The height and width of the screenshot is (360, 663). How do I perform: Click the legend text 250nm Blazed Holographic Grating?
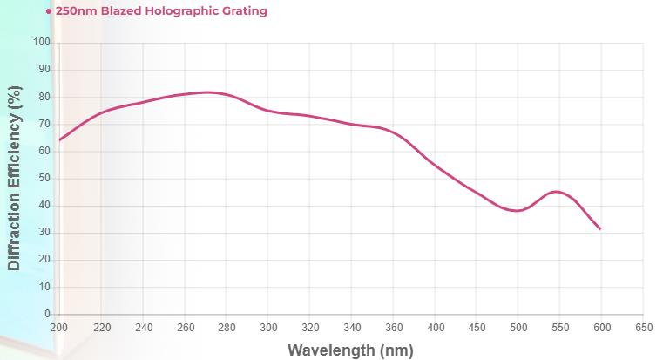coord(161,11)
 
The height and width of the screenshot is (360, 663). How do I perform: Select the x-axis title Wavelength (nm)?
coord(351,350)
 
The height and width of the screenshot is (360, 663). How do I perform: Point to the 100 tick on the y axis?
coord(42,43)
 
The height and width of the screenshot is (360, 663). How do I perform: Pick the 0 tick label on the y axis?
coord(48,314)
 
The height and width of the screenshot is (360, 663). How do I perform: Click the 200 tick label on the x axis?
coord(59,328)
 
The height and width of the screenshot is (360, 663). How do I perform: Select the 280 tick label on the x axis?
coord(227,328)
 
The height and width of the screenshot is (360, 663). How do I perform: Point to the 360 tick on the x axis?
coord(393,328)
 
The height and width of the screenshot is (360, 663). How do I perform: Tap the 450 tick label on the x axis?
coord(477,328)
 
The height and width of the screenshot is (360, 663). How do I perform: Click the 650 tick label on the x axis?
coord(643,328)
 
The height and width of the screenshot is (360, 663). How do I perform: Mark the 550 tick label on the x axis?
coord(559,328)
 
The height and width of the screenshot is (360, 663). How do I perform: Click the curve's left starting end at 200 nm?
coord(59,139)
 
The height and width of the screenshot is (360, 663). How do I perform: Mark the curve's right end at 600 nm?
coord(600,229)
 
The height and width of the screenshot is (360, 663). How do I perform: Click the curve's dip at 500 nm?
coord(518,211)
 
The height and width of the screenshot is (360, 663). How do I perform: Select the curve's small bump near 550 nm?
coord(557,191)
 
